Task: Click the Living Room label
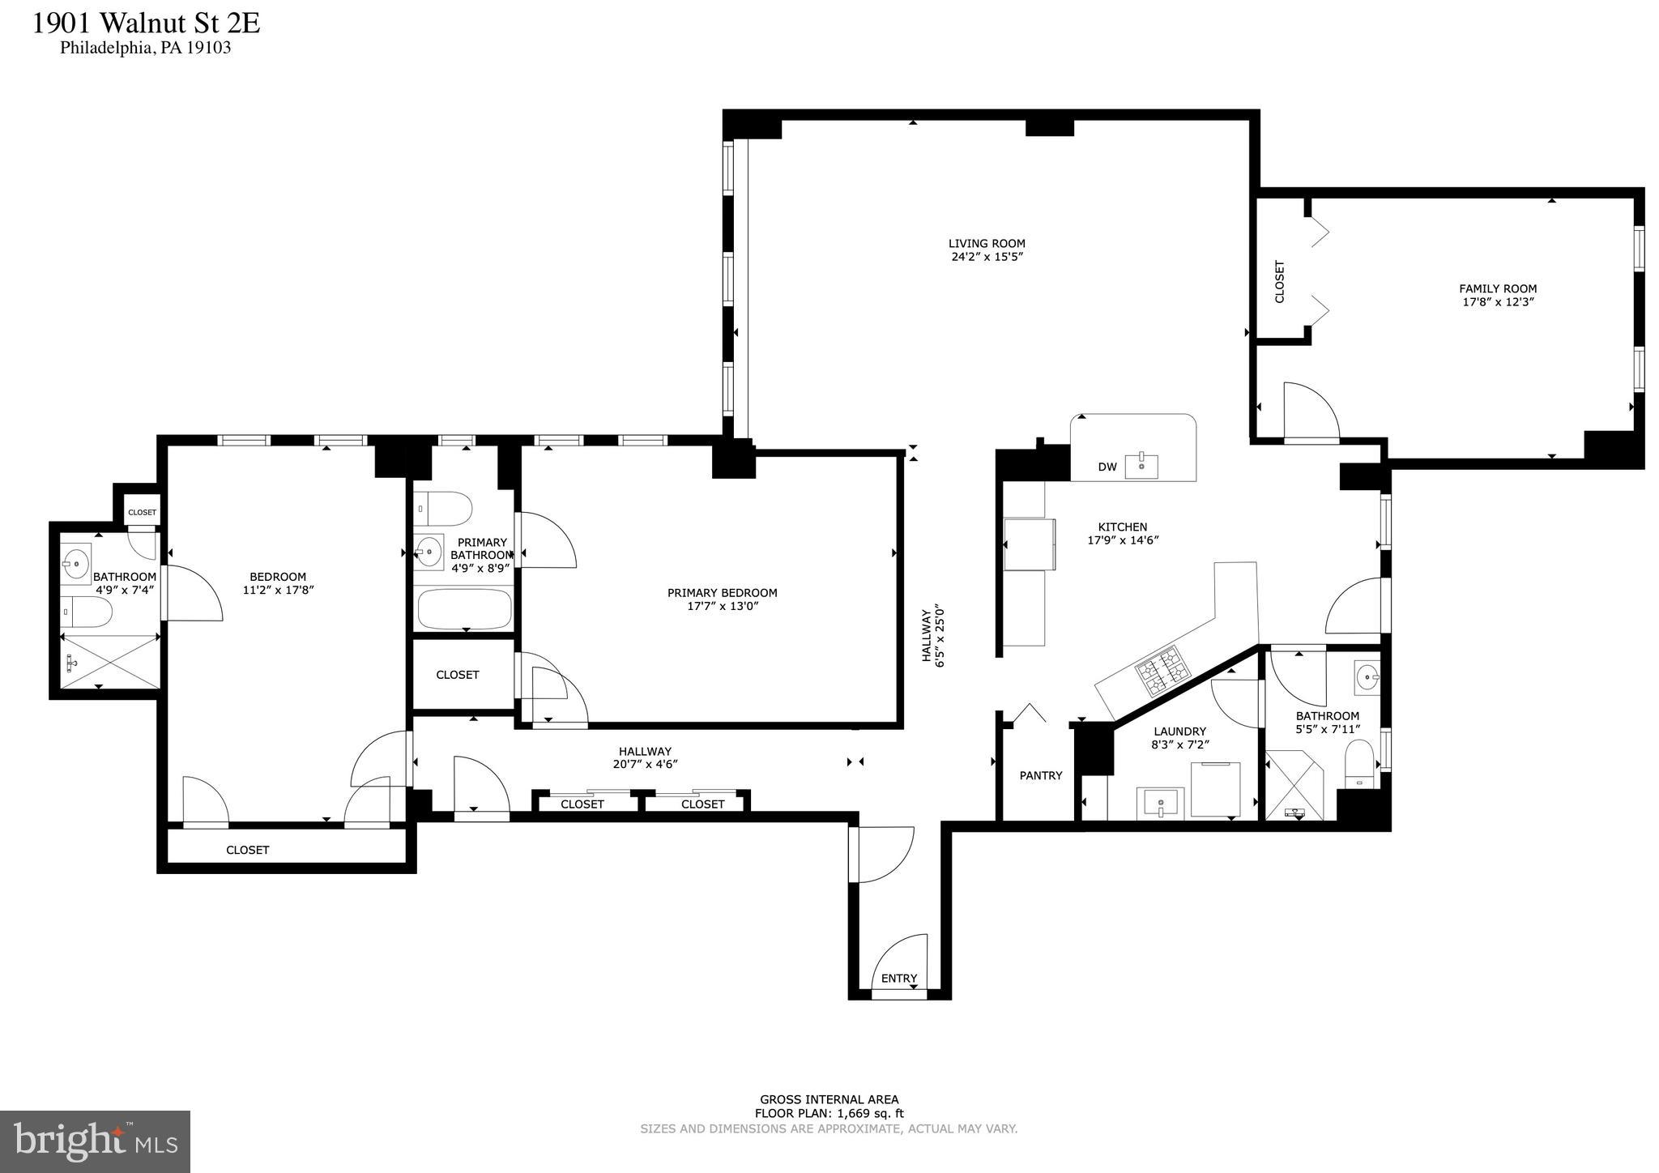[x=987, y=243]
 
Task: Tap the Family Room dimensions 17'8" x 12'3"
[x=1498, y=302]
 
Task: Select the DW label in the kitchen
[x=1107, y=467]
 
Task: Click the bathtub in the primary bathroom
[x=465, y=609]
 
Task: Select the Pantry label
[x=1040, y=776]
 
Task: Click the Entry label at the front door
[x=898, y=979]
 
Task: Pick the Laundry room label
[x=1179, y=732]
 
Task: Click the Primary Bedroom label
[x=722, y=593]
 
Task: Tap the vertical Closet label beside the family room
[x=1280, y=281]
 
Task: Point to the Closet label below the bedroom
[x=247, y=850]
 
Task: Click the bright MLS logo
[x=95, y=1141]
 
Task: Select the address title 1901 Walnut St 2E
[x=146, y=23]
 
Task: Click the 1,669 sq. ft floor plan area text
[x=829, y=1114]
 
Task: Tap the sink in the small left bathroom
[x=77, y=561]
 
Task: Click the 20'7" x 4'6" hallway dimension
[x=645, y=764]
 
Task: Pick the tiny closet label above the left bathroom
[x=142, y=512]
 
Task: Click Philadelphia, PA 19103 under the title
[x=146, y=48]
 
